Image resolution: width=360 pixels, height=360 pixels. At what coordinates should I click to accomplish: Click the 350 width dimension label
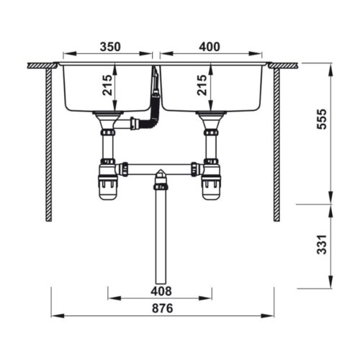[x=109, y=47]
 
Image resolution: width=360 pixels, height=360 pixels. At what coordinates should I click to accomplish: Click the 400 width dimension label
[x=209, y=47]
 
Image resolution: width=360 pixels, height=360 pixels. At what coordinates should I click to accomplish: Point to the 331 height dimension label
[x=322, y=246]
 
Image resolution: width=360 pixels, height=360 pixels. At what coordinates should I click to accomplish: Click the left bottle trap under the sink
[x=108, y=185]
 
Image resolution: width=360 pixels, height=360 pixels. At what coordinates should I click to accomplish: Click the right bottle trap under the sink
[x=211, y=185]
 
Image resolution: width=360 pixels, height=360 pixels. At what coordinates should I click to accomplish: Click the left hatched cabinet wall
[x=49, y=144]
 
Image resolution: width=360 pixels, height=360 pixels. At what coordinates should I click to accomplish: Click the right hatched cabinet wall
[x=276, y=144]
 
